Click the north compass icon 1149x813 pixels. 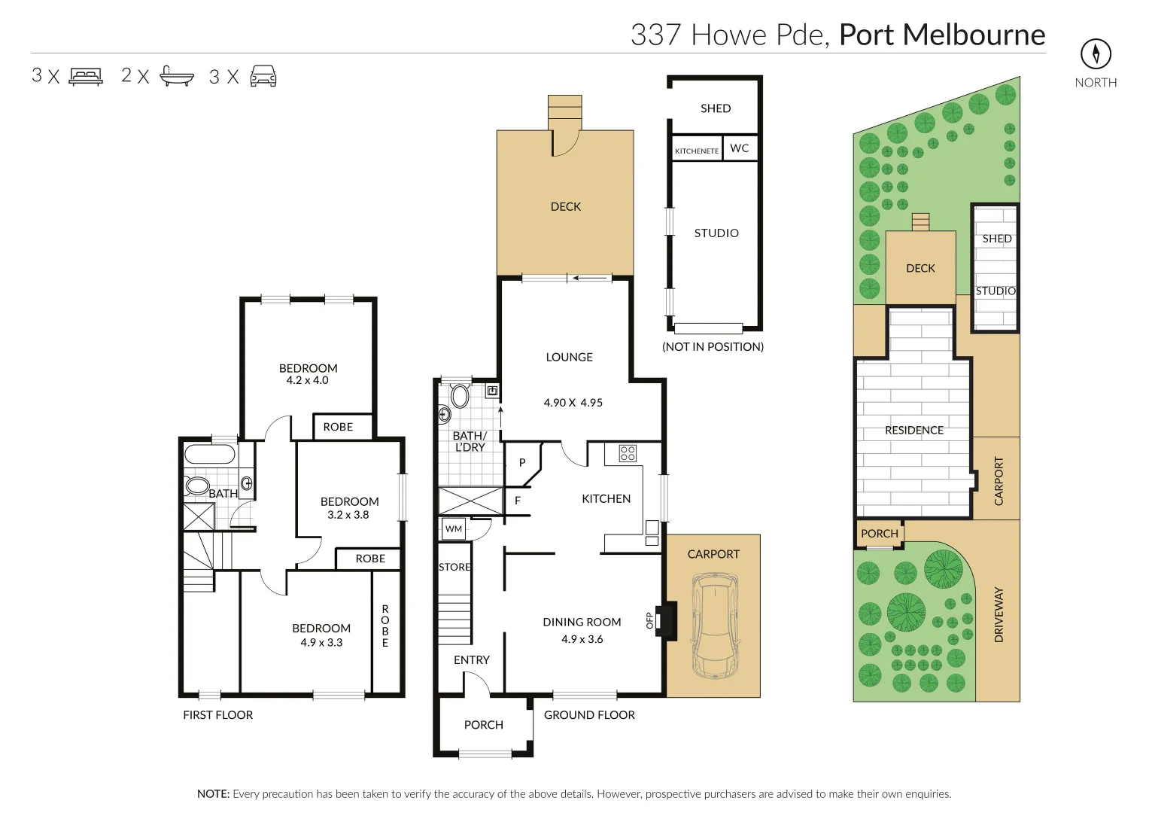pos(1096,53)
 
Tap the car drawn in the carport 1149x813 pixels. pos(713,625)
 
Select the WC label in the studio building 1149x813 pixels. pos(739,148)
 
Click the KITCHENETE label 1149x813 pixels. pos(696,151)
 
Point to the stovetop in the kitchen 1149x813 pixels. pos(627,453)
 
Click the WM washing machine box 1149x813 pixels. pos(454,529)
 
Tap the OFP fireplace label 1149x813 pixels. pos(650,620)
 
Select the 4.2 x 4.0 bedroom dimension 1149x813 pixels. pos(307,380)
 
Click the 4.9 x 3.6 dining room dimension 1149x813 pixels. pos(582,639)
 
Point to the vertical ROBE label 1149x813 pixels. pos(385,626)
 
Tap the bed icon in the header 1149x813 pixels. pos(86,76)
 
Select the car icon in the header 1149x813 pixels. pos(263,76)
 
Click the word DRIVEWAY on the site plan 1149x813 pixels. pos(999,615)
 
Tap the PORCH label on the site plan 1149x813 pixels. pos(879,533)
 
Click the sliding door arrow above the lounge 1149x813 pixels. pos(591,279)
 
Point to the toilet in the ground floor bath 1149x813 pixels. pos(459,395)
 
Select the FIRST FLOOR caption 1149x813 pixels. pos(217,714)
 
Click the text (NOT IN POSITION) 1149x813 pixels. pos(713,346)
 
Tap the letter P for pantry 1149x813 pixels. pos(521,463)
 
